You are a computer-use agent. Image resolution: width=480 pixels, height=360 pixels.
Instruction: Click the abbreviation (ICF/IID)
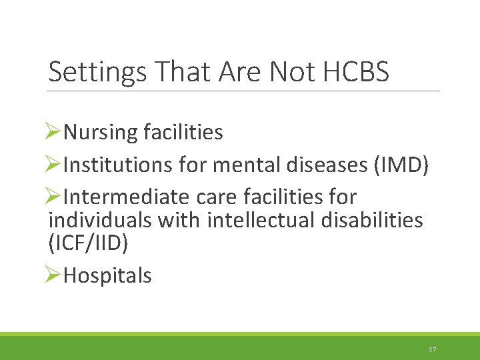click(88, 243)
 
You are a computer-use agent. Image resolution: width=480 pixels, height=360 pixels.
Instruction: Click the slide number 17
click(433, 349)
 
